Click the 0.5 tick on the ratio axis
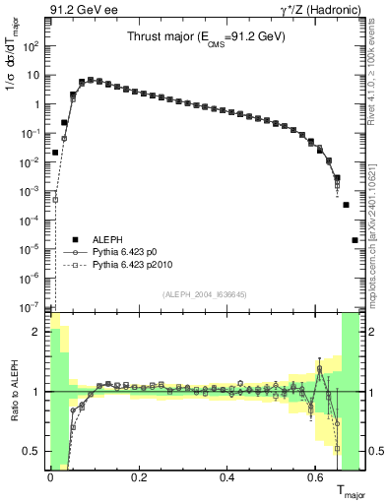click(32, 451)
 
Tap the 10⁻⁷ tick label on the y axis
click(32, 307)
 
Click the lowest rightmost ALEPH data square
click(355, 240)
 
